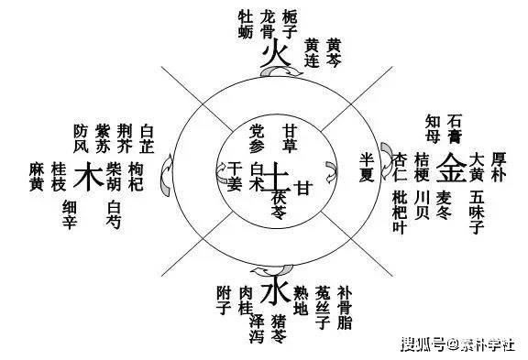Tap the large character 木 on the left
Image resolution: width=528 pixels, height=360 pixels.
pyautogui.click(x=87, y=175)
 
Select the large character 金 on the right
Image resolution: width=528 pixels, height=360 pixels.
pyautogui.click(x=450, y=169)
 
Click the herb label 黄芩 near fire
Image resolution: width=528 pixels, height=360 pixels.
pyautogui.click(x=335, y=52)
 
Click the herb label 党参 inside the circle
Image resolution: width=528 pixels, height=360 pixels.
pyautogui.click(x=258, y=137)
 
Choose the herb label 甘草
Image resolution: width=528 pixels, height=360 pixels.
pyautogui.click(x=291, y=137)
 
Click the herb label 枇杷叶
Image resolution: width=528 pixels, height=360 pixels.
pyautogui.click(x=400, y=210)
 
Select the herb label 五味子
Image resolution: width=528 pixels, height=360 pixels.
pyautogui.click(x=477, y=210)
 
